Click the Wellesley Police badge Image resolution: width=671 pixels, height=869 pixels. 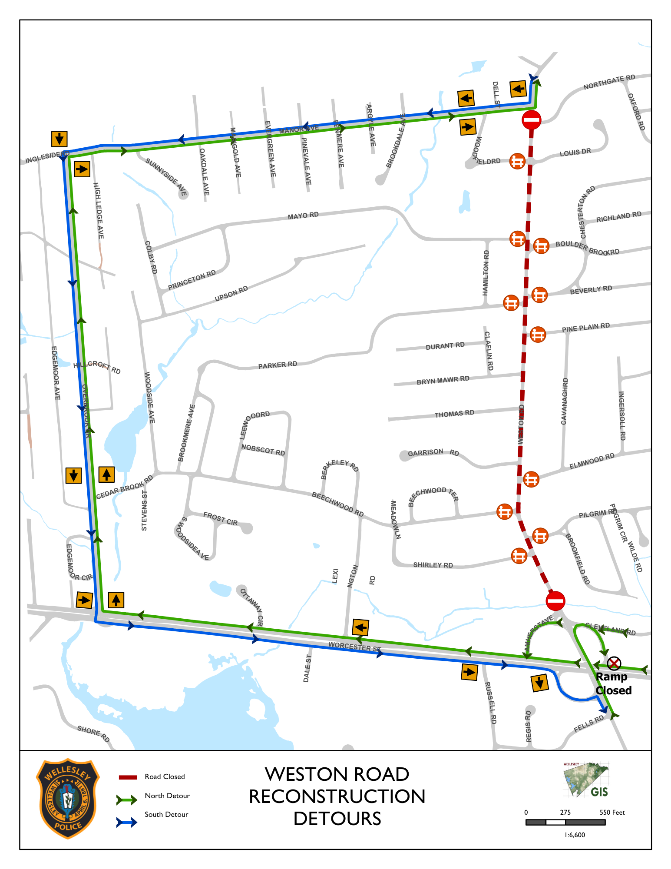click(68, 799)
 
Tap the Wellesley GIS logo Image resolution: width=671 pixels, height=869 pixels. click(586, 780)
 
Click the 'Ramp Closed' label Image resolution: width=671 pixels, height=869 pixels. click(613, 683)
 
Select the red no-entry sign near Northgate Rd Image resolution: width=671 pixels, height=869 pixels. click(532, 119)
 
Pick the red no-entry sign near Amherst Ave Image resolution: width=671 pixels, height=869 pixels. click(555, 601)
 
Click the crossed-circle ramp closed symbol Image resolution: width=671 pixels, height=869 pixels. click(614, 663)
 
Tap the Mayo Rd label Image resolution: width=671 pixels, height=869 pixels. click(303, 216)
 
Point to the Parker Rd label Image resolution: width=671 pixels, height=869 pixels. click(278, 365)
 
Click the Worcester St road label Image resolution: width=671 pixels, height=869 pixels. click(354, 647)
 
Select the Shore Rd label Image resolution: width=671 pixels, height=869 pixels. click(93, 733)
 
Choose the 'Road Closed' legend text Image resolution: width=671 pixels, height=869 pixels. click(165, 776)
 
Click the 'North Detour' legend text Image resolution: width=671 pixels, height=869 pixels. click(167, 796)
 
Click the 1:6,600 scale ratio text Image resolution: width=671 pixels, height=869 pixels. click(575, 835)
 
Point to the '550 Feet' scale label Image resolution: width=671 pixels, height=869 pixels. click(612, 812)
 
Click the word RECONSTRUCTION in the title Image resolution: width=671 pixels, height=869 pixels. click(337, 796)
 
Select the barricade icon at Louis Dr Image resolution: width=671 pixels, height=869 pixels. click(517, 161)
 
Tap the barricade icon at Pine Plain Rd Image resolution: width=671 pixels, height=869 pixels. click(538, 335)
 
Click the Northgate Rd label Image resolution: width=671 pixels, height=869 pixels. click(609, 82)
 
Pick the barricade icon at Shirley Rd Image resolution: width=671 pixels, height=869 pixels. click(519, 556)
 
